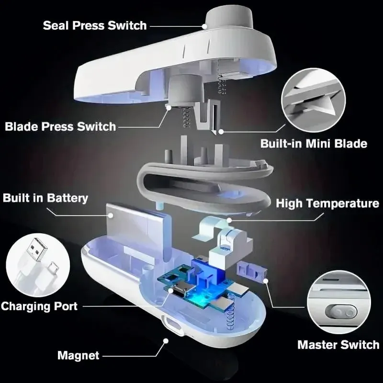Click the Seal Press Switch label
pyautogui.click(x=95, y=25)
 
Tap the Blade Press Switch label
pyautogui.click(x=60, y=126)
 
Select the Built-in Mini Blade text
pyautogui.click(x=314, y=143)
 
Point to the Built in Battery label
pyautogui.click(x=45, y=198)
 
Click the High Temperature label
pyautogui.click(x=327, y=203)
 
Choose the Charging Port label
pyautogui.click(x=39, y=306)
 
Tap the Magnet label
pyautogui.click(x=79, y=355)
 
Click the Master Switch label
pyautogui.click(x=338, y=345)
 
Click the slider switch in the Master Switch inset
pyautogui.click(x=341, y=313)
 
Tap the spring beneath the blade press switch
pyautogui.click(x=186, y=117)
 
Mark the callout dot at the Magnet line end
pyautogui.click(x=166, y=341)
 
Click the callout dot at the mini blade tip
pyautogui.click(x=221, y=132)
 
